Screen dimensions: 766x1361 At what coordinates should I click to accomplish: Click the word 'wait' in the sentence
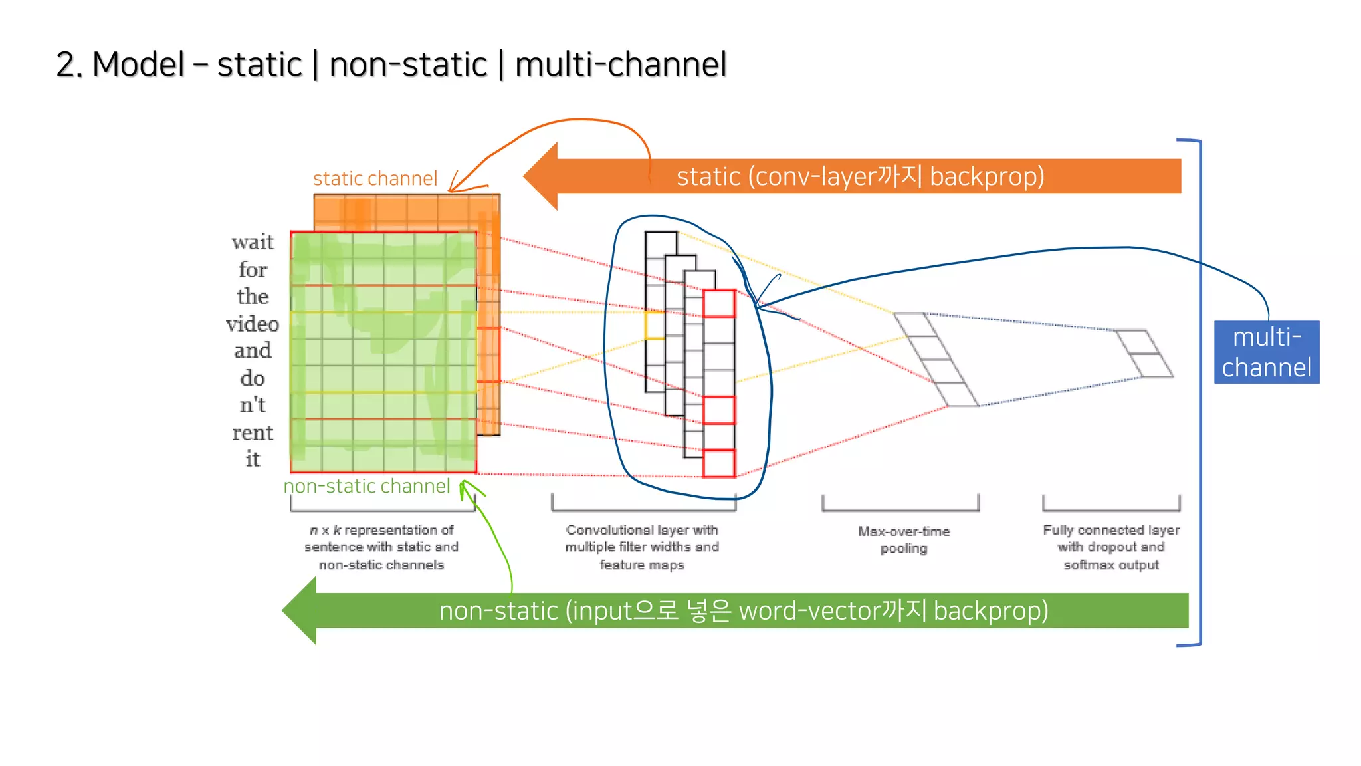coord(253,242)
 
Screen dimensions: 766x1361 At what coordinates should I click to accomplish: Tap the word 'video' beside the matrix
coord(253,324)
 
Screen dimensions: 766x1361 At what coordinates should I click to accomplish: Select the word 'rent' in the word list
coord(253,433)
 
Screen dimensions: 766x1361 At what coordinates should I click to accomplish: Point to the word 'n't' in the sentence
coord(253,405)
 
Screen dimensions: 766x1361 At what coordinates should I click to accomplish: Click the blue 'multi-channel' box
coord(1266,352)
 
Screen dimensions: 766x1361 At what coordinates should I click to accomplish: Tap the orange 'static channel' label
coord(375,178)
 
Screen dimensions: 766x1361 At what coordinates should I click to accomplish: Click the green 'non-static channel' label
coord(367,486)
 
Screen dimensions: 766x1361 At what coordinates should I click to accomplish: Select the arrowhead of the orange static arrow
coord(540,176)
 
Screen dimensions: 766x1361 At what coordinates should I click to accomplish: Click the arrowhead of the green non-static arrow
coord(300,610)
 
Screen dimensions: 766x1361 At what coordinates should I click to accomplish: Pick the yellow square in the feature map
coord(655,325)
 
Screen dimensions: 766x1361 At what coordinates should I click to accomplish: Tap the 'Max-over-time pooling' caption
coord(903,539)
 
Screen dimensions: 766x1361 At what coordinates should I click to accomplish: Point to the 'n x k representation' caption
coord(381,547)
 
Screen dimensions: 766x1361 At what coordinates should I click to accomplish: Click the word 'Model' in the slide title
coord(138,64)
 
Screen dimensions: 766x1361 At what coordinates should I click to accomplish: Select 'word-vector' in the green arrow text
coord(809,610)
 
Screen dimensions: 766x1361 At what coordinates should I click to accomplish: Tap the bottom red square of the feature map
coord(719,463)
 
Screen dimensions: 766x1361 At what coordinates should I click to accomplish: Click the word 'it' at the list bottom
coord(253,459)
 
